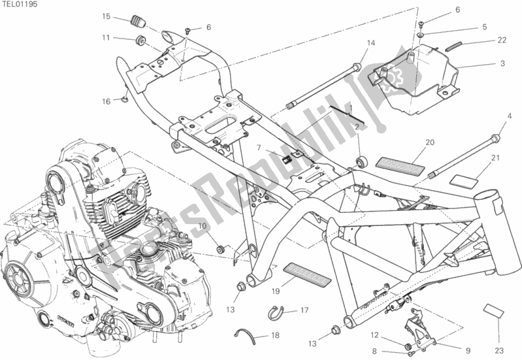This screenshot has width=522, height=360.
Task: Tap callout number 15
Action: [106, 16]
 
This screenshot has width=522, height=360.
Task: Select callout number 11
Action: [106, 38]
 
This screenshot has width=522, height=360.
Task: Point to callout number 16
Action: [106, 101]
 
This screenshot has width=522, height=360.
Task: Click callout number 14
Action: [370, 43]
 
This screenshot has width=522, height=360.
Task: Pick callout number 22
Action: [501, 41]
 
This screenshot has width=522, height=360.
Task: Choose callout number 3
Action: [502, 63]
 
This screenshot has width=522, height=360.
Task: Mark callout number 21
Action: [495, 157]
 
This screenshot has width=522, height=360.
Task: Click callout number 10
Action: [203, 226]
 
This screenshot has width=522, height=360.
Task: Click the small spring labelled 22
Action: [455, 46]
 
